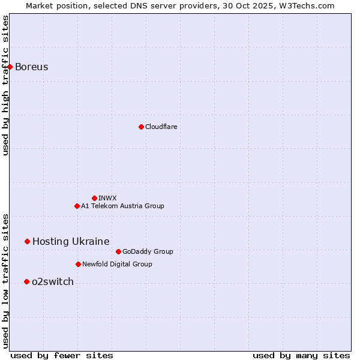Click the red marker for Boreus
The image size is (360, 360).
tap(10, 67)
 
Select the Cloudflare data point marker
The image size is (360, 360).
tap(141, 127)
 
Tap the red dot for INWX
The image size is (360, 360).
tap(94, 198)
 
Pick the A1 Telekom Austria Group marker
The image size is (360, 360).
tap(77, 206)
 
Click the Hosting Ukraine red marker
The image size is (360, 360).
tap(27, 241)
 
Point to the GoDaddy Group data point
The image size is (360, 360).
tap(118, 251)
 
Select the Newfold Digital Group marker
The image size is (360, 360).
tap(78, 264)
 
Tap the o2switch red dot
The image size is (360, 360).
tap(26, 281)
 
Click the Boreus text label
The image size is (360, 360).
tap(32, 67)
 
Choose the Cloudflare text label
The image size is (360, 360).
tap(161, 127)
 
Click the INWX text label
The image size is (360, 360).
tap(107, 198)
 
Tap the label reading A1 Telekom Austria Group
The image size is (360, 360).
tap(122, 206)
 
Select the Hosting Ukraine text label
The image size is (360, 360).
tap(71, 241)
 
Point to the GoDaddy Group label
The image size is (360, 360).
tap(148, 251)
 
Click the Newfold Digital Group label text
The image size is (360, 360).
tap(117, 264)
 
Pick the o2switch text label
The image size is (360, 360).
tap(53, 281)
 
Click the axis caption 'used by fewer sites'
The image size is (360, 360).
tap(62, 355)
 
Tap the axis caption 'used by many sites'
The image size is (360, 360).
tap(301, 355)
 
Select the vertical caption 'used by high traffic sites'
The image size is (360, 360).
tap(5, 85)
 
